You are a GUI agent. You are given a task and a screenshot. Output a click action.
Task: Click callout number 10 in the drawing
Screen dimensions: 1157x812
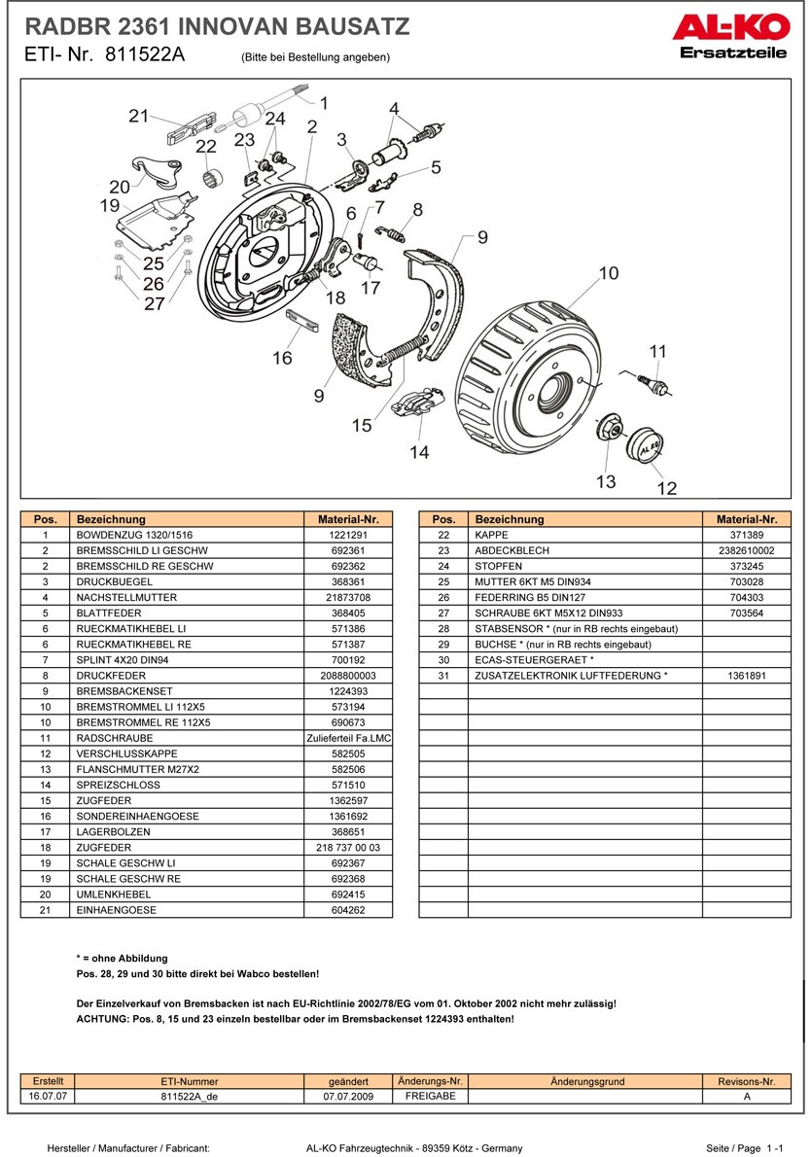tap(608, 273)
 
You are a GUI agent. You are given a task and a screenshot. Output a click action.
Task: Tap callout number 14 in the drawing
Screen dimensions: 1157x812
tap(419, 451)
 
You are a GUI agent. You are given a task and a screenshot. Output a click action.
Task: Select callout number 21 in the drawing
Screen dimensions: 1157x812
tap(138, 117)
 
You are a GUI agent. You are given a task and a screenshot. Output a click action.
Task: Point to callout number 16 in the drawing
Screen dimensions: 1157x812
tap(282, 358)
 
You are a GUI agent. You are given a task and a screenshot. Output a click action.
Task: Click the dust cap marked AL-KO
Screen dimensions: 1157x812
tap(644, 447)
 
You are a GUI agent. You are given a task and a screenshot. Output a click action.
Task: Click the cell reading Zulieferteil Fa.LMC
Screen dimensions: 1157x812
tap(348, 738)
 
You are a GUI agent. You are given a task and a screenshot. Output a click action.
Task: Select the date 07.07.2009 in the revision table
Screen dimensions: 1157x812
tap(348, 1096)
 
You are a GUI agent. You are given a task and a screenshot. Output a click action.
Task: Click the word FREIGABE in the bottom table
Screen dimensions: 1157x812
tap(429, 1096)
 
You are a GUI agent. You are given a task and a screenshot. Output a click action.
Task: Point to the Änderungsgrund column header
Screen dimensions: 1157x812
tap(586, 1081)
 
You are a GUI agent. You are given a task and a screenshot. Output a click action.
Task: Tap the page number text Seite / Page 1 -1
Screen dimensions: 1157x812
tap(745, 1147)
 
